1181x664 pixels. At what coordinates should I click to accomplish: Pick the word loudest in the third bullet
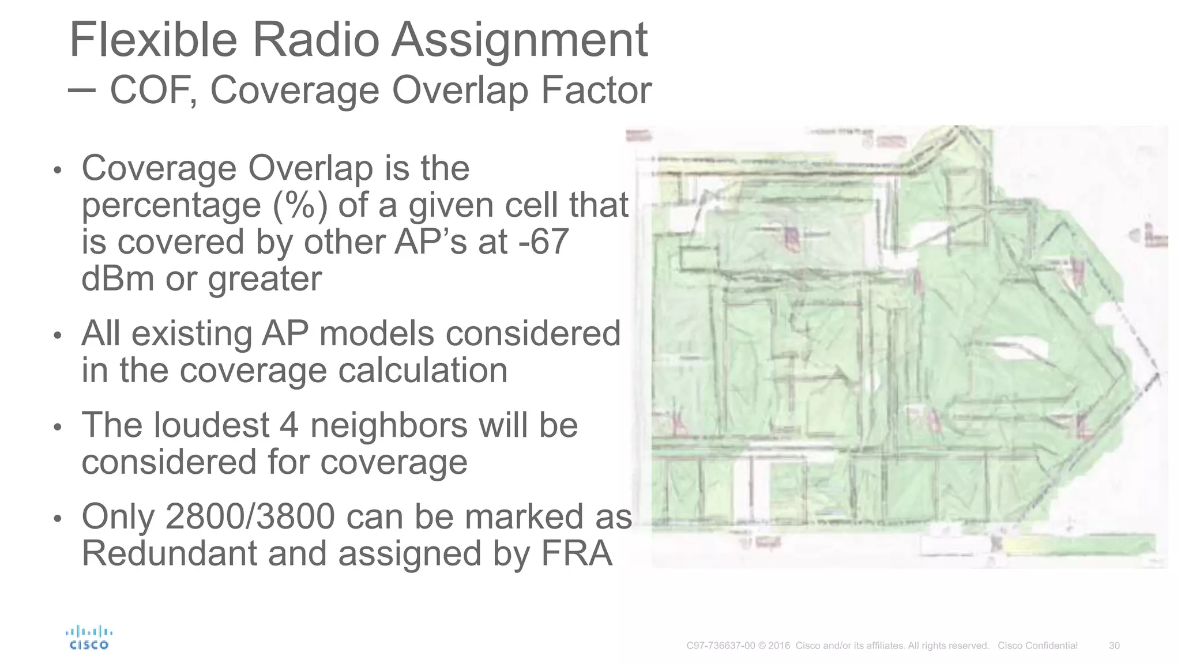(x=211, y=425)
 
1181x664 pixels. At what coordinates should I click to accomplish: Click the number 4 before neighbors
(x=289, y=425)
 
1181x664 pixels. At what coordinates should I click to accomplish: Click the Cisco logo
(x=89, y=637)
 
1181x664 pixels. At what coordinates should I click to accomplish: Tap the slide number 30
(x=1114, y=646)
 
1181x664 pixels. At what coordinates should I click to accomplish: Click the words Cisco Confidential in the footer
(x=1037, y=646)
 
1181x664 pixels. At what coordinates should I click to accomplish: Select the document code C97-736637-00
(x=720, y=646)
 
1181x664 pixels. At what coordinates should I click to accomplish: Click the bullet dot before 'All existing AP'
(x=57, y=335)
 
